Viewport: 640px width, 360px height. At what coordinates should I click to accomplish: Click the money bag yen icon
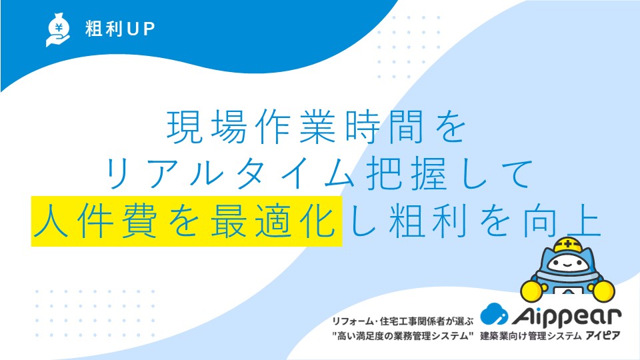click(58, 30)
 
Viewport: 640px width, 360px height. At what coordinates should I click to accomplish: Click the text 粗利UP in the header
click(120, 29)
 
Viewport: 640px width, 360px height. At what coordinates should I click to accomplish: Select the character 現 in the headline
click(185, 127)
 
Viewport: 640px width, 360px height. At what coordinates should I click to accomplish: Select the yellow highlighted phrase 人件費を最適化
click(187, 221)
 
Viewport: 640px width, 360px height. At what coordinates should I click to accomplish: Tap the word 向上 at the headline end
click(563, 221)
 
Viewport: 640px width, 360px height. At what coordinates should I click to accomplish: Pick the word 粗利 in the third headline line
click(428, 221)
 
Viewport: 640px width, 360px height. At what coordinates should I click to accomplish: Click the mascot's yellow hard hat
click(567, 244)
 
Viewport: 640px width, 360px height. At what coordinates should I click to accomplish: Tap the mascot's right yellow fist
click(603, 291)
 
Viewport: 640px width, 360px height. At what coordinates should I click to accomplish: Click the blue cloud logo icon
click(494, 314)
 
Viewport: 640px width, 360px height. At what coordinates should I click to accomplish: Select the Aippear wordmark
click(567, 316)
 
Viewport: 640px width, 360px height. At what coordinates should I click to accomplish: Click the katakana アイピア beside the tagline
click(603, 336)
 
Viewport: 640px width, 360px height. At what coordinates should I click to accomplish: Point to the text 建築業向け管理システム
click(531, 336)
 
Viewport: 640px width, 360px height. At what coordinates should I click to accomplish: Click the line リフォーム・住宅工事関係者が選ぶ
click(403, 321)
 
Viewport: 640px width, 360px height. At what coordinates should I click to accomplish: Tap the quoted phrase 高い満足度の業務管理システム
click(403, 336)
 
